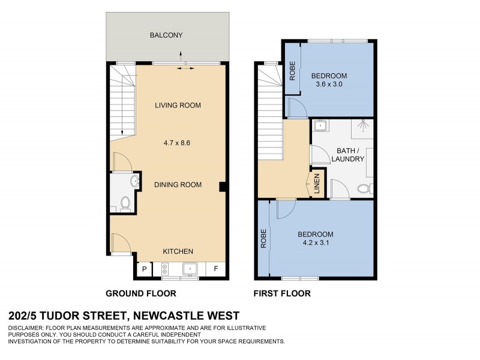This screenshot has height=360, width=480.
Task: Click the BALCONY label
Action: pos(166,35)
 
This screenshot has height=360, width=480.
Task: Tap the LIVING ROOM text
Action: pos(178,106)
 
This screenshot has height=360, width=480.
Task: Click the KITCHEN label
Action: pos(178,251)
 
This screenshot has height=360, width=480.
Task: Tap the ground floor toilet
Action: pos(125,204)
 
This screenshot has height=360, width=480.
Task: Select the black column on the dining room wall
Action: pos(223,187)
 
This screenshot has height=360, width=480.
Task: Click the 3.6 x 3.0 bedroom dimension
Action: pos(329,85)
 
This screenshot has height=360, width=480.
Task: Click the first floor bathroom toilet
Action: pos(363,190)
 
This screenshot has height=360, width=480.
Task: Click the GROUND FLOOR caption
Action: pos(141,293)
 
